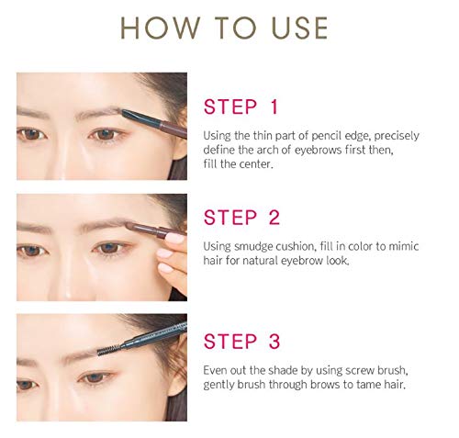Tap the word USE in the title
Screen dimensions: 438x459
tap(295, 28)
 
